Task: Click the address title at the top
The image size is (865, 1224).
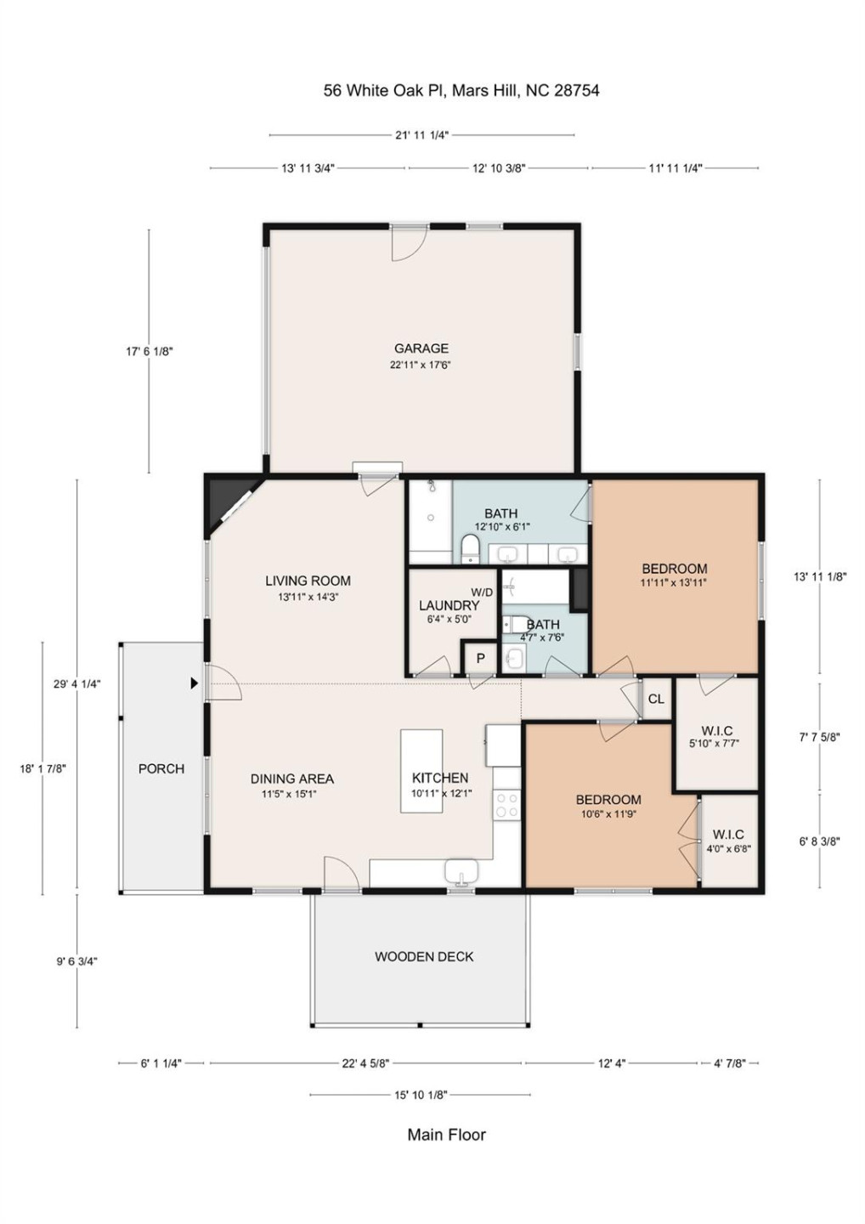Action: point(461,90)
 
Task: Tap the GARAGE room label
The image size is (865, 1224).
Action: point(421,348)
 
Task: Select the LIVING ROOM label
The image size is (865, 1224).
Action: point(308,581)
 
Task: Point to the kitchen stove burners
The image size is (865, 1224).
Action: point(507,805)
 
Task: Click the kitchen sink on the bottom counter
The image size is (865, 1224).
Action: point(461,871)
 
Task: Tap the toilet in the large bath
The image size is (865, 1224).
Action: point(470,549)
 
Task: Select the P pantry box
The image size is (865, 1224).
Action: point(480,658)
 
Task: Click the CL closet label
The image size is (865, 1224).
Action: point(656,699)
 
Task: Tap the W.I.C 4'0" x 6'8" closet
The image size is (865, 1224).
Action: point(728,841)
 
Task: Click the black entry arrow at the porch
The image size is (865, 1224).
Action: point(195,683)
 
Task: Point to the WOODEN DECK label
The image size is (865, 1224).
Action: point(424,957)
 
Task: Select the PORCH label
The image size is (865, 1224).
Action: point(161,769)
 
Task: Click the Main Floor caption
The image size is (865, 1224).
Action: point(446,1135)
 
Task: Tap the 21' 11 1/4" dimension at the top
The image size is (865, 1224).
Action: point(421,135)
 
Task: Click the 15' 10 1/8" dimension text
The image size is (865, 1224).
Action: point(421,1095)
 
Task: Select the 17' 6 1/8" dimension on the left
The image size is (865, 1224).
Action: point(150,351)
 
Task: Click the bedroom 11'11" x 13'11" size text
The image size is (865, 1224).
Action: point(674,583)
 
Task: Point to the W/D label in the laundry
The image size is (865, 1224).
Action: point(482,592)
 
